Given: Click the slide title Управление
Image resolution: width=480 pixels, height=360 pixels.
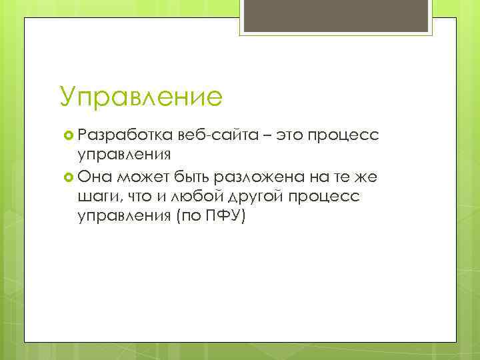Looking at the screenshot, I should pos(140,96).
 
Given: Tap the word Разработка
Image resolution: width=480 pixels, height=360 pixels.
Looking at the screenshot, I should pos(126,135).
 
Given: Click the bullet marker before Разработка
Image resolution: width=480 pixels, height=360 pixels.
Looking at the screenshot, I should pos(66,136).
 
